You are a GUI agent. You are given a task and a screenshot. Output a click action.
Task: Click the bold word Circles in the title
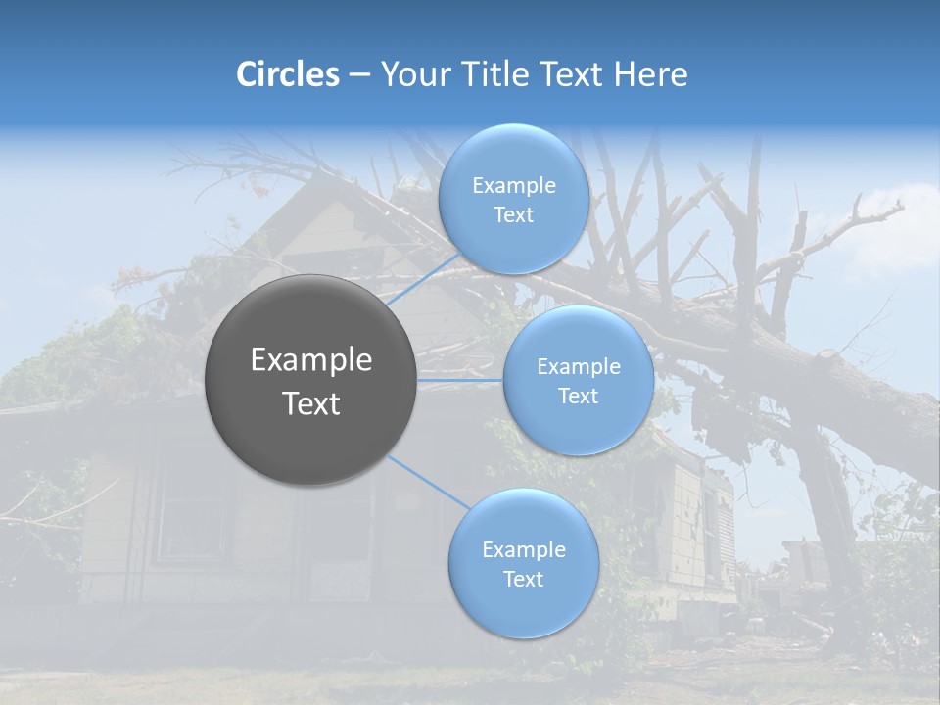point(287,74)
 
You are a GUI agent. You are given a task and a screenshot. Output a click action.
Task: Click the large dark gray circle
point(311,380)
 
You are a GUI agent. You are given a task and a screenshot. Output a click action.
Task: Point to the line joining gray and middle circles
point(460,380)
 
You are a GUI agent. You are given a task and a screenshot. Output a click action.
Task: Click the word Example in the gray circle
point(311,360)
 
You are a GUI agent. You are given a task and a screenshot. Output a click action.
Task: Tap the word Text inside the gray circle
point(311,403)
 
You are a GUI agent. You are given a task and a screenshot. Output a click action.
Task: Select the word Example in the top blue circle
point(514,186)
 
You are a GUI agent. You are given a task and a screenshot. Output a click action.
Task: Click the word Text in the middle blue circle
point(578,396)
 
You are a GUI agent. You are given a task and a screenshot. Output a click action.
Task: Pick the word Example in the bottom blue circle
point(523,549)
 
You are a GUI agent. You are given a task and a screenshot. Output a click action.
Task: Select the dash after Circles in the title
point(358,75)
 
